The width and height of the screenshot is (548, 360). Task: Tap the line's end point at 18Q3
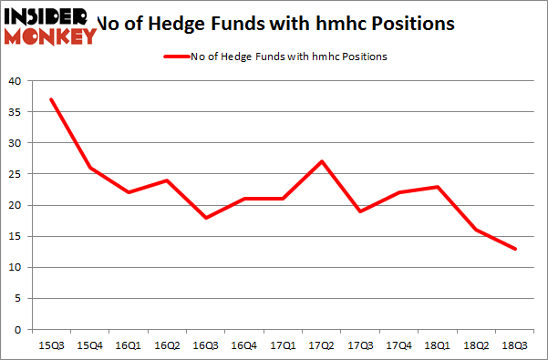pyautogui.click(x=516, y=249)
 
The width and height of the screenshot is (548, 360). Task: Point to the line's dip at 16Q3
pyautogui.click(x=205, y=218)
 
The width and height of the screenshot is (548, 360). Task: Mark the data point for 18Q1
pyautogui.click(x=439, y=187)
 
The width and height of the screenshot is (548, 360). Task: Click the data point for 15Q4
pyautogui.click(x=88, y=168)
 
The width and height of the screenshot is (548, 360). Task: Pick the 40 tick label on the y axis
pyautogui.click(x=16, y=81)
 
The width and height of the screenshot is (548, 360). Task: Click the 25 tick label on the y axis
pyautogui.click(x=16, y=174)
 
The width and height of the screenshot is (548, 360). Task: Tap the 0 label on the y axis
pyautogui.click(x=19, y=329)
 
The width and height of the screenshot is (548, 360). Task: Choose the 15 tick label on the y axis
pyautogui.click(x=16, y=236)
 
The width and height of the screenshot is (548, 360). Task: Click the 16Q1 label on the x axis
pyautogui.click(x=128, y=345)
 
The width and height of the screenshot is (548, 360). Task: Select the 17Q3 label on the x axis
pyautogui.click(x=360, y=345)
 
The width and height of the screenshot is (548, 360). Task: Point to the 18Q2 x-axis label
pyautogui.click(x=477, y=345)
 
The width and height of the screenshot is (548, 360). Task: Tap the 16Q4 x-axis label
pyautogui.click(x=244, y=345)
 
